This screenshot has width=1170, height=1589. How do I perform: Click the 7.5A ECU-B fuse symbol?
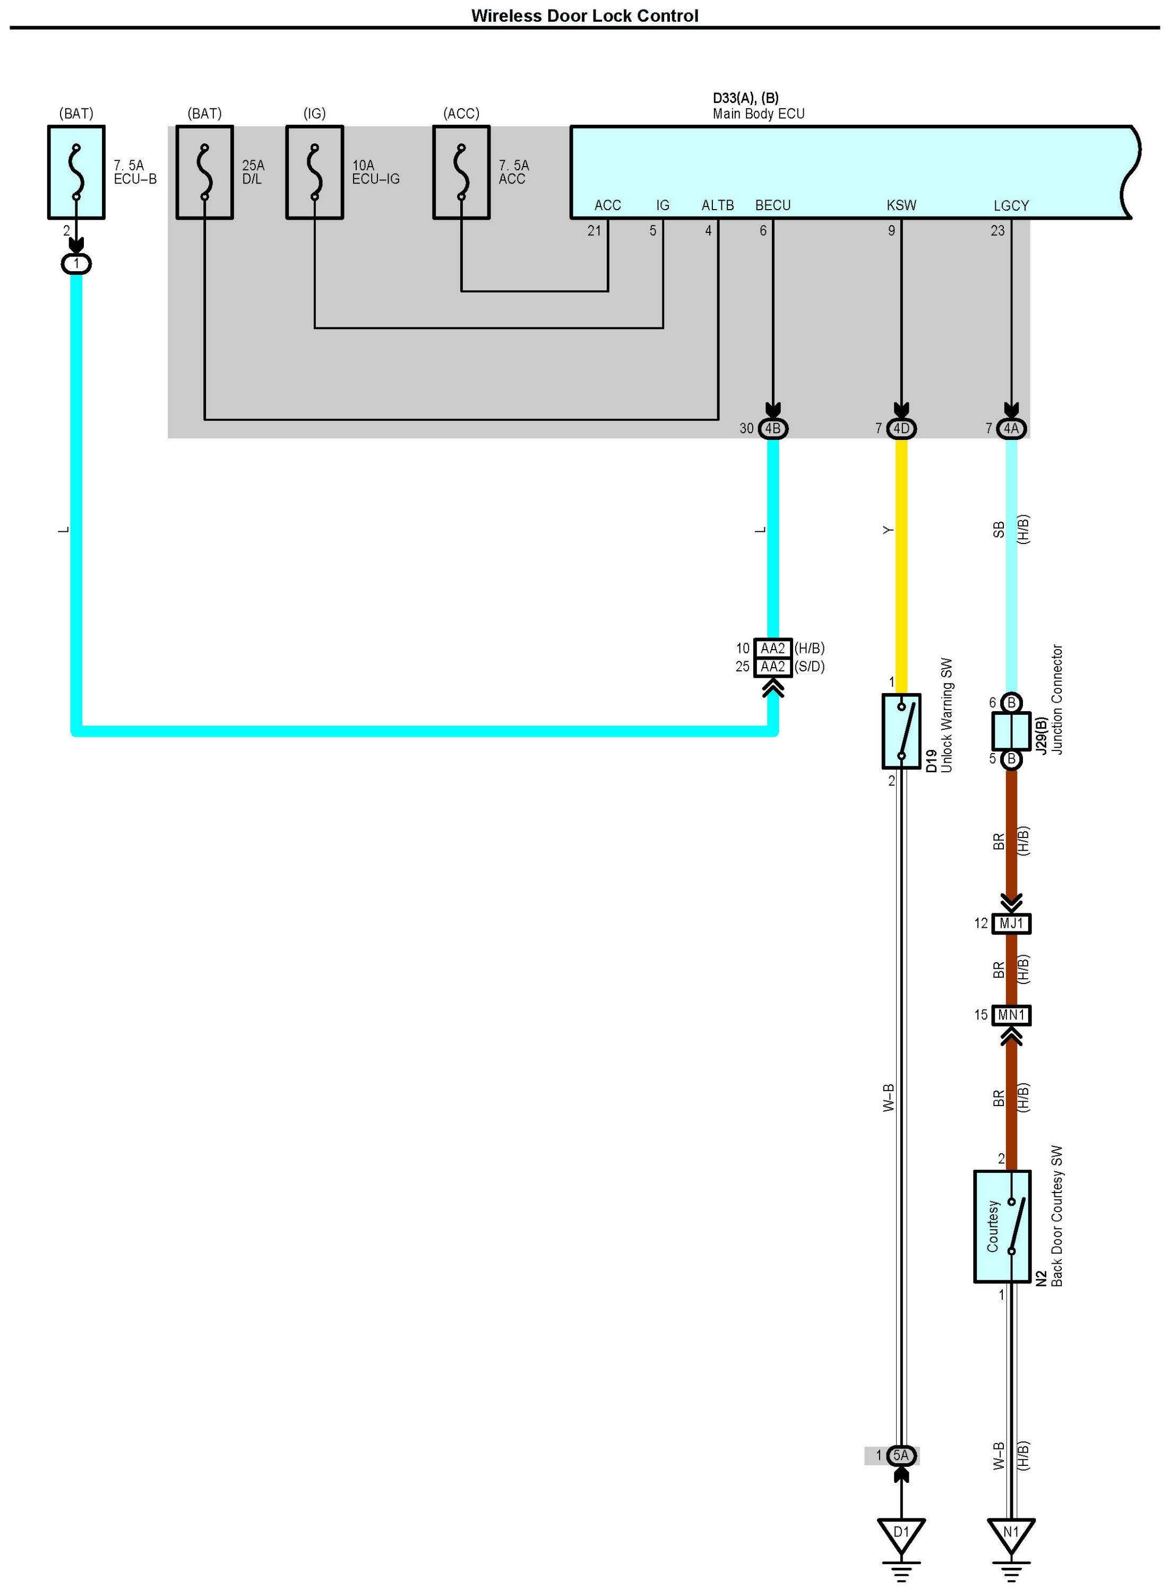pyautogui.click(x=76, y=172)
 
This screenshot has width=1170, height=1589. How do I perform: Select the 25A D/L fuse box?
pyautogui.click(x=205, y=172)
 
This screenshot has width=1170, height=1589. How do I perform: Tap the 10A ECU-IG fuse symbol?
pyautogui.click(x=314, y=172)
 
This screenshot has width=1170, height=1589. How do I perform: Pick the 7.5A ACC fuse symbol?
pyautogui.click(x=461, y=172)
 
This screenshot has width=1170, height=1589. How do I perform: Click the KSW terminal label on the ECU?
pyautogui.click(x=901, y=205)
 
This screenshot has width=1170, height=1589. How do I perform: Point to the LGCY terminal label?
pyautogui.click(x=1011, y=205)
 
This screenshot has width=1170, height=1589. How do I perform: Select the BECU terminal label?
pyautogui.click(x=773, y=205)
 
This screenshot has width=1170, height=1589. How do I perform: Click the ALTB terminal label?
pyautogui.click(x=717, y=205)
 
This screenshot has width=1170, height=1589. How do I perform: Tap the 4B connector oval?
pyautogui.click(x=773, y=428)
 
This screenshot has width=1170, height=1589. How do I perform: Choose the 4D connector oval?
pyautogui.click(x=901, y=428)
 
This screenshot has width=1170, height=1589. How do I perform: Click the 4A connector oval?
pyautogui.click(x=1011, y=428)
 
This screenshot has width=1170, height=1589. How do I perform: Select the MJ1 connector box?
pyautogui.click(x=1011, y=923)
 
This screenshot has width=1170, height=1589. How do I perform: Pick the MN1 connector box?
pyautogui.click(x=1011, y=1015)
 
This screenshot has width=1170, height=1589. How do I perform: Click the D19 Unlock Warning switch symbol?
pyautogui.click(x=901, y=731)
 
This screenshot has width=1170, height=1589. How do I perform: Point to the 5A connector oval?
pyautogui.click(x=901, y=1455)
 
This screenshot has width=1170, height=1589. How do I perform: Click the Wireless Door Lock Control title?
pyautogui.click(x=584, y=15)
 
